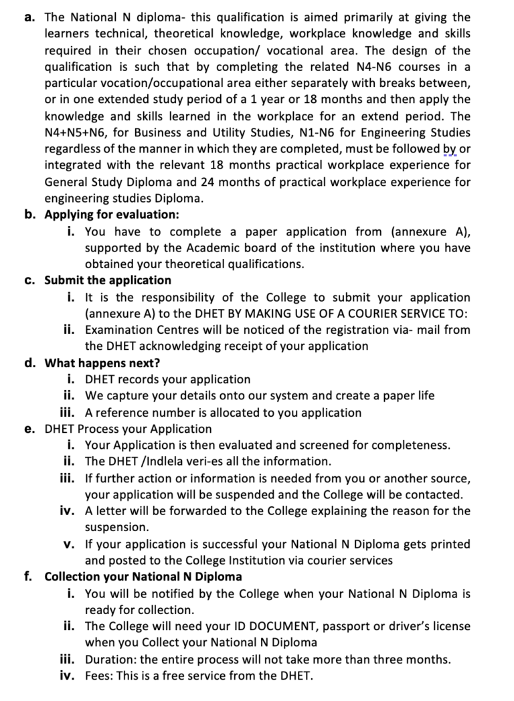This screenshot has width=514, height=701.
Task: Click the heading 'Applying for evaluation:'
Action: (112, 215)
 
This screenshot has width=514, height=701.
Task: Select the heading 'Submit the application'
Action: (108, 280)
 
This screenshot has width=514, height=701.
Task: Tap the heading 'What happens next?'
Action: (102, 363)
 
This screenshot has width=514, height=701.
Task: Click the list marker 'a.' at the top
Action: (30, 17)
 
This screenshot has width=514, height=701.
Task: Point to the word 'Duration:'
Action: (112, 660)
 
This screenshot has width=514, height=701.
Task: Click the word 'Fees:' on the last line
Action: (100, 676)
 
